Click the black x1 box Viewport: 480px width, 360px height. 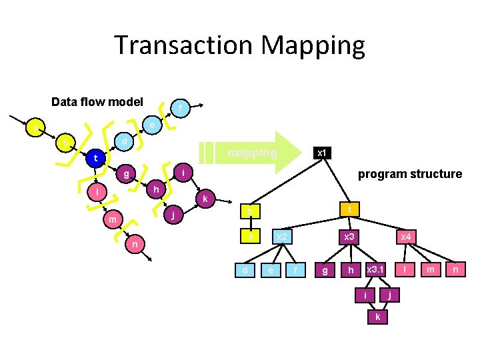tap(321, 153)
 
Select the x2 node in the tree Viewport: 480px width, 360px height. tap(282, 237)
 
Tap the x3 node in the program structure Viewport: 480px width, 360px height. tap(348, 237)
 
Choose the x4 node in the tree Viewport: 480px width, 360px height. tap(405, 237)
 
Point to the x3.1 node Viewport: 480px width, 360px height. tap(375, 269)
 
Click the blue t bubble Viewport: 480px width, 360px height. tap(95, 159)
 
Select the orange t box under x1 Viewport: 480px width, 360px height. tap(348, 209)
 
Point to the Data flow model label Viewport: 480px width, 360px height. tap(97, 102)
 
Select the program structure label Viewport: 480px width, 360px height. tap(410, 174)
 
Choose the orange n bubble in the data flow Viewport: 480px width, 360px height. tap(135, 245)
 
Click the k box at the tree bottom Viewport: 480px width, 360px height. tap(378, 317)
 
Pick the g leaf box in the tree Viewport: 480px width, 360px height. tap(325, 270)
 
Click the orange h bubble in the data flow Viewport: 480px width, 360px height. tap(155, 189)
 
